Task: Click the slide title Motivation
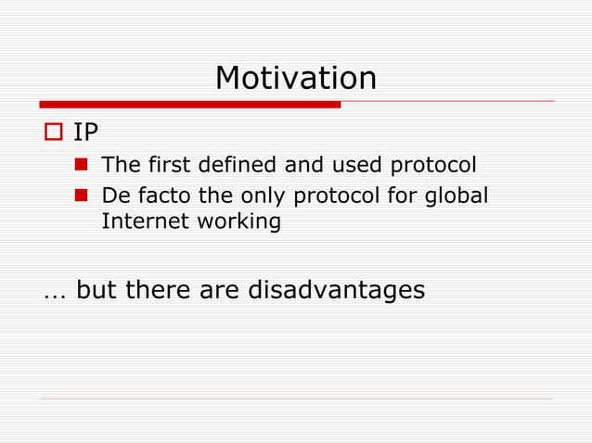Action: (x=295, y=78)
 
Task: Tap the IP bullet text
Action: (x=85, y=133)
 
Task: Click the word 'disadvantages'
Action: (x=336, y=290)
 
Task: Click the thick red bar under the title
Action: (x=190, y=105)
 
